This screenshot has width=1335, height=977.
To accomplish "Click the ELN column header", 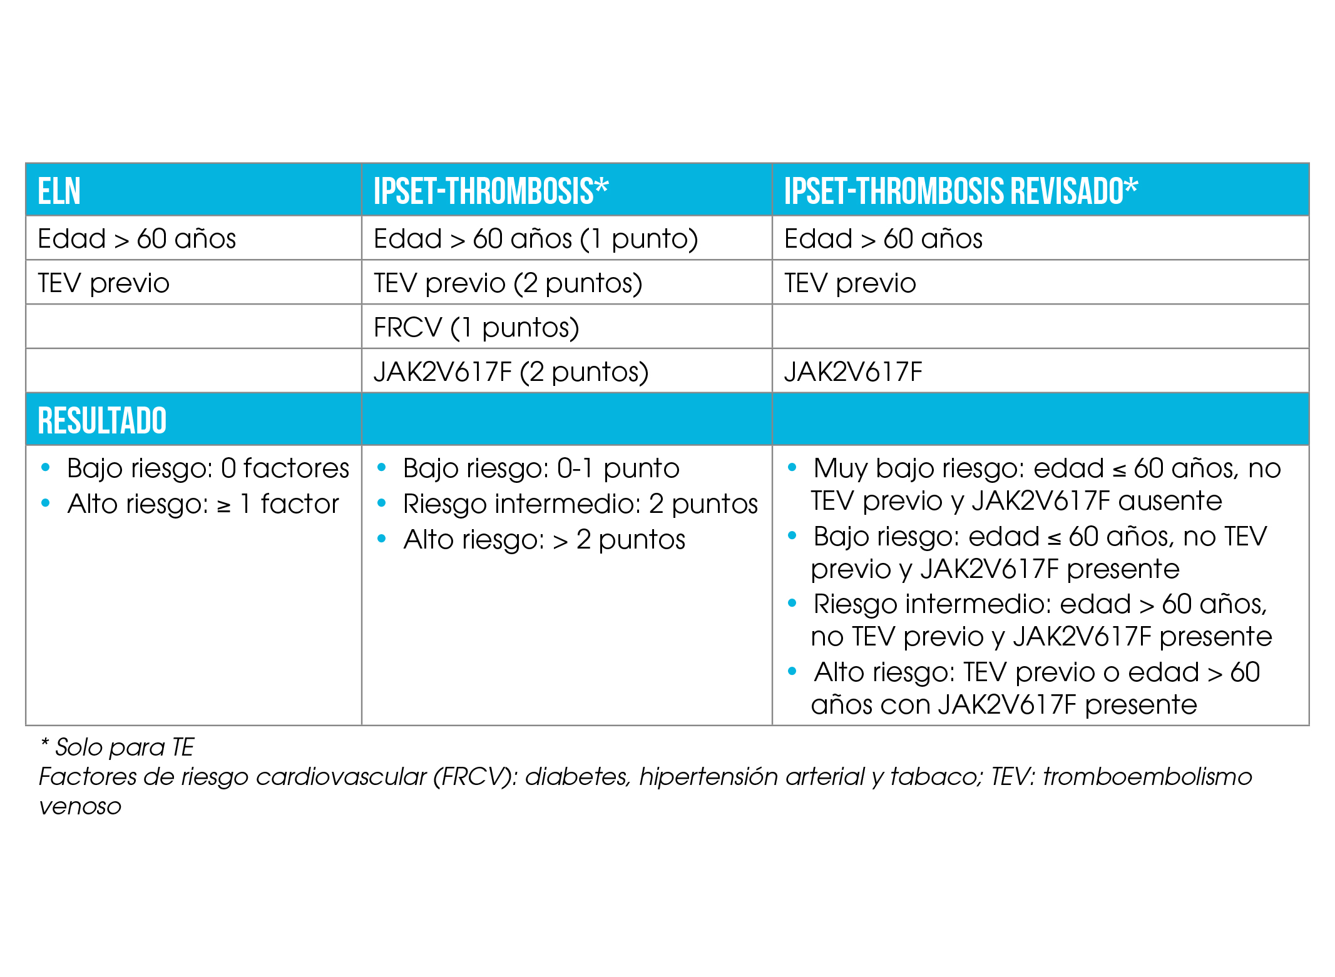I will click(x=59, y=191).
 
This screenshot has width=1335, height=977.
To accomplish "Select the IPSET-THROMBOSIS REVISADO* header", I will click(x=961, y=191).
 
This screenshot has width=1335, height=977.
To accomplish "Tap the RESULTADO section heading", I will click(x=102, y=420).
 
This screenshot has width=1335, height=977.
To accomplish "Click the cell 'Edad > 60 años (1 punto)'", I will click(x=536, y=239).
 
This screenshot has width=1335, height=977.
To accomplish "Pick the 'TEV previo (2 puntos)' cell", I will click(x=508, y=283).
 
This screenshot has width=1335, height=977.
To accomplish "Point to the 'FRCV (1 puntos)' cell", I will click(x=476, y=328).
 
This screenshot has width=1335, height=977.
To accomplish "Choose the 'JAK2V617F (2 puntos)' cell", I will click(x=511, y=372).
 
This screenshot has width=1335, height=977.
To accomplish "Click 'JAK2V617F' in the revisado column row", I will click(x=853, y=372).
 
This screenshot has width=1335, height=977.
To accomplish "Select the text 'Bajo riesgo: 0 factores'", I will click(x=208, y=468).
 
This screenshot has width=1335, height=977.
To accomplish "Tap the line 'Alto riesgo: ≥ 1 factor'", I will click(x=203, y=504).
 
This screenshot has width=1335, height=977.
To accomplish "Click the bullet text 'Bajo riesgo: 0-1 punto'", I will click(x=541, y=468).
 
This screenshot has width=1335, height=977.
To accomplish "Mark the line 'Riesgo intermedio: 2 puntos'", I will click(x=580, y=504).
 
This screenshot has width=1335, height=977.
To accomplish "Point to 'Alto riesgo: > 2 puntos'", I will click(x=544, y=540).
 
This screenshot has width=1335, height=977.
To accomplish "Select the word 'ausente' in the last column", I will click(x=1170, y=501).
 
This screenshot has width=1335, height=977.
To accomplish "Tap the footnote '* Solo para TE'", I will click(x=118, y=747).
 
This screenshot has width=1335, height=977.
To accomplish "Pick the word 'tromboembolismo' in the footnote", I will click(x=1147, y=777).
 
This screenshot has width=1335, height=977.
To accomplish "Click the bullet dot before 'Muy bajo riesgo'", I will click(x=792, y=467).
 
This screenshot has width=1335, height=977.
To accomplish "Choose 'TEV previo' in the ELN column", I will click(x=103, y=283).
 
